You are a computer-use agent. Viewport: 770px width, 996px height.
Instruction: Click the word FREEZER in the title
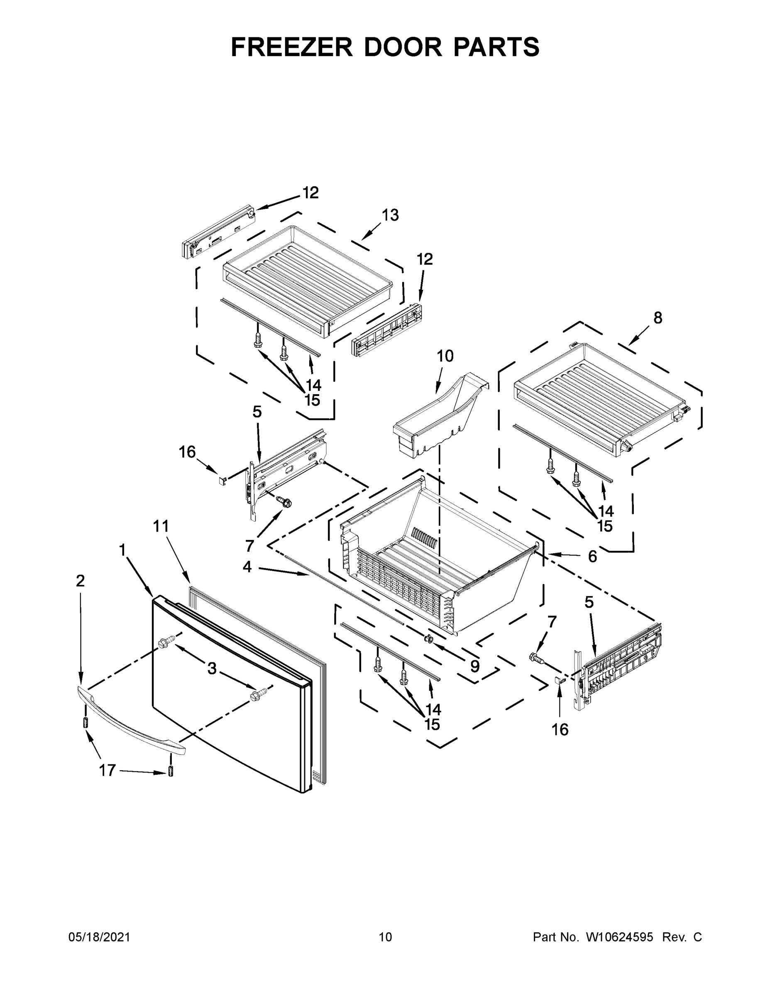292,47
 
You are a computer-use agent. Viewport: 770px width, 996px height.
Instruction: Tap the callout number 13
391,215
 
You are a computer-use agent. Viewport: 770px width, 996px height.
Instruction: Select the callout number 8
658,318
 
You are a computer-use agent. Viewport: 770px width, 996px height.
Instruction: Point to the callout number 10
445,356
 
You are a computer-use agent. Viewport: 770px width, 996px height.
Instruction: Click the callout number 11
161,526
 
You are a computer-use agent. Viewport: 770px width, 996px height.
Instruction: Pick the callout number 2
80,581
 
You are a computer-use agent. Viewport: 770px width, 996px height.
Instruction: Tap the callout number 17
108,770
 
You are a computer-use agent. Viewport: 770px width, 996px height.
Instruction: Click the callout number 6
592,557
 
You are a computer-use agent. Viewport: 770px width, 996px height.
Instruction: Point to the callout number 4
247,567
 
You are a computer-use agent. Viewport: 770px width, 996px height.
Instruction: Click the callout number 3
212,669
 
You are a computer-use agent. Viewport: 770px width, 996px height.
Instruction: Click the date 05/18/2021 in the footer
99,937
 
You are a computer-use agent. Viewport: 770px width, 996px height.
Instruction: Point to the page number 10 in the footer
385,937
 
